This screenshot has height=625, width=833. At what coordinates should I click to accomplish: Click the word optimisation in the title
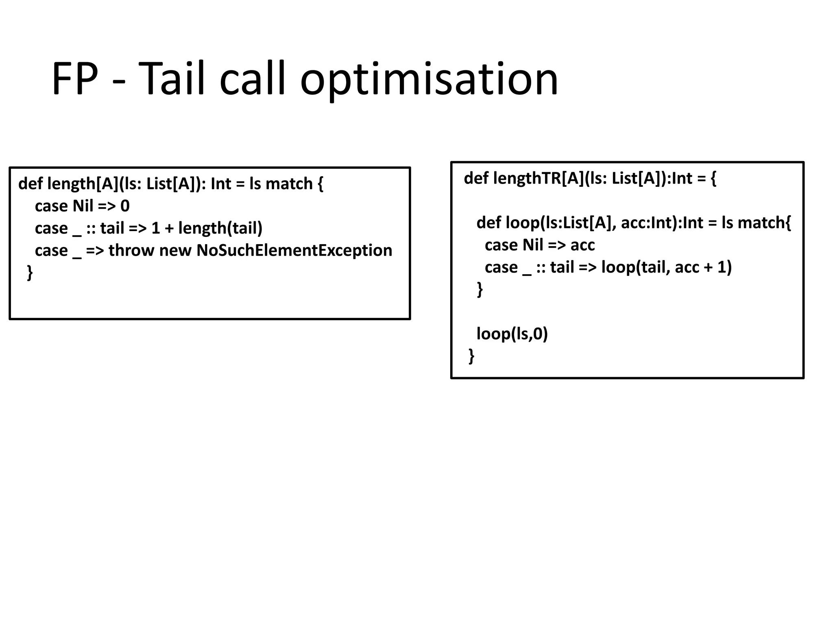(x=429, y=79)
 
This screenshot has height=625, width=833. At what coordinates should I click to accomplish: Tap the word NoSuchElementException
(x=294, y=251)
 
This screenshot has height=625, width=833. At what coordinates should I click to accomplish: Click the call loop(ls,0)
(x=512, y=334)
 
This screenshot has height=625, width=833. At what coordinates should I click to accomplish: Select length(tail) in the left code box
(x=220, y=228)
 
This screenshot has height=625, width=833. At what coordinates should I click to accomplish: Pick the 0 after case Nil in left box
(x=125, y=206)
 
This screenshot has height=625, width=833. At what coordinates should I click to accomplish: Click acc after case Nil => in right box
(x=582, y=245)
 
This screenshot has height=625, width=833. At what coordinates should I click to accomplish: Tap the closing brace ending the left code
(x=30, y=273)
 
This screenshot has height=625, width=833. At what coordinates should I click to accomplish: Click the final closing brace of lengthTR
(x=471, y=356)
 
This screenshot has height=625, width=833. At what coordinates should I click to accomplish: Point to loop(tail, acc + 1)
(x=666, y=268)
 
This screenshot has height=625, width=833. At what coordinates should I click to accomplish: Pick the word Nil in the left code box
(x=83, y=206)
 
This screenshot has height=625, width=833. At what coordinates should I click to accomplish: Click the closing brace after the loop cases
(x=480, y=290)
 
